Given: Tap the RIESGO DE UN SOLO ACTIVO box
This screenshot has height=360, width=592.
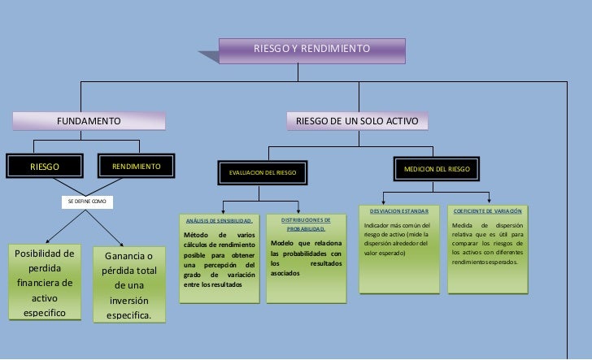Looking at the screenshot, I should point(356,121).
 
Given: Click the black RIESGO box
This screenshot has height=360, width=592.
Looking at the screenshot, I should point(45,167).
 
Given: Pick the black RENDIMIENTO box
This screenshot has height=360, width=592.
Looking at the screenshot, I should point(137,167).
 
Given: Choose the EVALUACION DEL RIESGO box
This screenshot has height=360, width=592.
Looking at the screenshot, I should point(262,173).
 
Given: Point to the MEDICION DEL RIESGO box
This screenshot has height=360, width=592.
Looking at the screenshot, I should point(437,169).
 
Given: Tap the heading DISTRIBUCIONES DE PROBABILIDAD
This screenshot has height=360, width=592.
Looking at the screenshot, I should point(306,223).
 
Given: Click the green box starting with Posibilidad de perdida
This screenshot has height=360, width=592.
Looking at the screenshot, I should point(45,283).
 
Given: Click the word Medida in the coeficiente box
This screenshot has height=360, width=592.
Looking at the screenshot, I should point(464,225).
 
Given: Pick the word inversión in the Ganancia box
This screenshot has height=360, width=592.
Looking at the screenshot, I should point(129,300).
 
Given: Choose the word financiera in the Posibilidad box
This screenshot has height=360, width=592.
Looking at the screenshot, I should point(45,284).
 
